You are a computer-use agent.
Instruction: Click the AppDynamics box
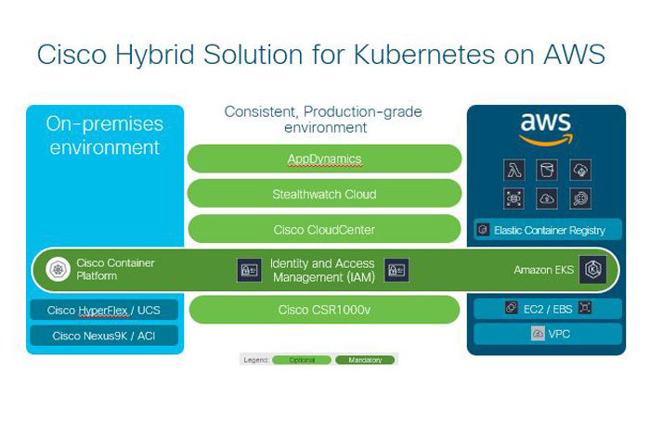(x=324, y=159)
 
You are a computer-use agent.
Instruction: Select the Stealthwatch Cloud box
(x=324, y=194)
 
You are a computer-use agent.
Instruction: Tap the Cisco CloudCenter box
(x=324, y=229)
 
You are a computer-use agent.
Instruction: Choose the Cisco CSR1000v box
(x=324, y=309)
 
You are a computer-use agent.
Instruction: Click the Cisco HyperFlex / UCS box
(x=104, y=311)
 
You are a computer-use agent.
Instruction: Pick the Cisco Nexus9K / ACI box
(x=104, y=336)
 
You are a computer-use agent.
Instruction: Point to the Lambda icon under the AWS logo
(x=514, y=170)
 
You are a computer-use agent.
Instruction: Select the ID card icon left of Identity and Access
(x=249, y=270)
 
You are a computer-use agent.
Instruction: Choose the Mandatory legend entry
(x=365, y=360)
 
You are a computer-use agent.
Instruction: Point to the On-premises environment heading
(x=104, y=135)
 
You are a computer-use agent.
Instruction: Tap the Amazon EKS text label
(x=544, y=270)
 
